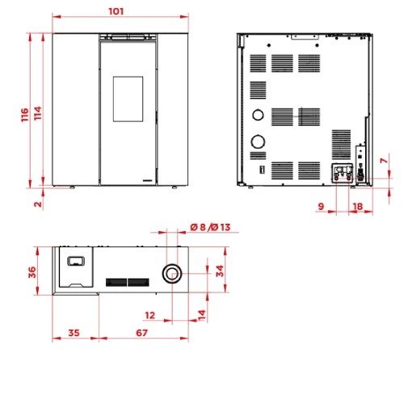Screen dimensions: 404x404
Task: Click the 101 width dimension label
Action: [x=116, y=11]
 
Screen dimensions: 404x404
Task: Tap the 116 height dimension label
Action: [x=25, y=115]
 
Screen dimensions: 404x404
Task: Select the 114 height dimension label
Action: [x=38, y=113]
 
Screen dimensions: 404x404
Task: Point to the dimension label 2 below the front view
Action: [x=38, y=204]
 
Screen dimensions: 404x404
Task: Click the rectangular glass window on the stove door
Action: [x=128, y=99]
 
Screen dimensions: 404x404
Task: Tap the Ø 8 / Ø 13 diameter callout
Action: [x=210, y=227]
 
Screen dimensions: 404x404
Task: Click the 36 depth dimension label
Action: [x=32, y=272]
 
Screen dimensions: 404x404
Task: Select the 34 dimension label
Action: [x=220, y=271]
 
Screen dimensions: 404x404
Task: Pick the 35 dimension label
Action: [x=74, y=333]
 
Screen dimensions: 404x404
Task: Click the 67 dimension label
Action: [x=141, y=333]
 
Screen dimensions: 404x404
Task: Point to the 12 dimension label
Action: [x=150, y=315]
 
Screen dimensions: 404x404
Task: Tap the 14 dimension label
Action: [x=202, y=315]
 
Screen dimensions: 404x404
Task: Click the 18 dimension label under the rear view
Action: [x=358, y=207]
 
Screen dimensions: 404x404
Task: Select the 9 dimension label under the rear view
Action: [x=321, y=206]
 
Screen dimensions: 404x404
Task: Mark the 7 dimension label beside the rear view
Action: [x=384, y=161]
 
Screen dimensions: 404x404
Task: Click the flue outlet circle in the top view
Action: [x=172, y=273]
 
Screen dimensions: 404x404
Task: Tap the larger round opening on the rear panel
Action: [x=258, y=141]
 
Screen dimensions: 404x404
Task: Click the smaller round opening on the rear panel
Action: [x=258, y=115]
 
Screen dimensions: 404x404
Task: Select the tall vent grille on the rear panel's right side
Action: [x=341, y=145]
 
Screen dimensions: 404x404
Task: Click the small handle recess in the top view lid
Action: [x=76, y=261]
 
